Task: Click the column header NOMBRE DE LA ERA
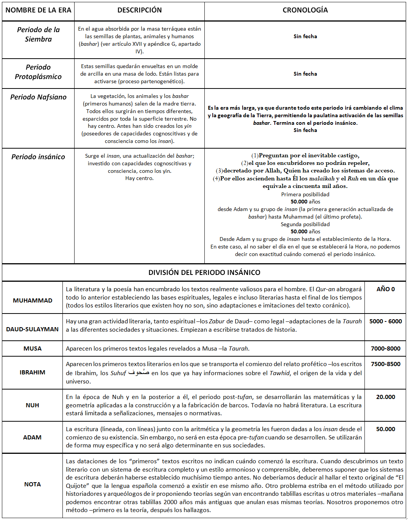[x=38, y=10]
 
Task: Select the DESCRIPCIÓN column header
[x=139, y=10]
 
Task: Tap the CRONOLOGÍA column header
[x=305, y=10]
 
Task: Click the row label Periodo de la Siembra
[x=38, y=34]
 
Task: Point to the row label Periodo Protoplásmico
[x=38, y=72]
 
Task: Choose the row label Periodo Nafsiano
[x=38, y=97]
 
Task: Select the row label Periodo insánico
[x=38, y=157]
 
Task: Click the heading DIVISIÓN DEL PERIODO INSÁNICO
[x=204, y=272]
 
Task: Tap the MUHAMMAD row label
[x=33, y=300]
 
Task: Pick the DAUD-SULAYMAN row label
[x=33, y=329]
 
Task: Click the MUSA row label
[x=33, y=348]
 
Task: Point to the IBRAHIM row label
[x=33, y=372]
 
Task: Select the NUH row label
[x=33, y=405]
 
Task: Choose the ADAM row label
[x=33, y=437]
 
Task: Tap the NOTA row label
[x=33, y=484]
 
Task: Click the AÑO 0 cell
[x=385, y=289]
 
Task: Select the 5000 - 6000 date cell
[x=385, y=321]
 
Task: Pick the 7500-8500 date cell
[x=385, y=364]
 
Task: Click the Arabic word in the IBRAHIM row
[x=139, y=373]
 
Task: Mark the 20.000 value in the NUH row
[x=385, y=397]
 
